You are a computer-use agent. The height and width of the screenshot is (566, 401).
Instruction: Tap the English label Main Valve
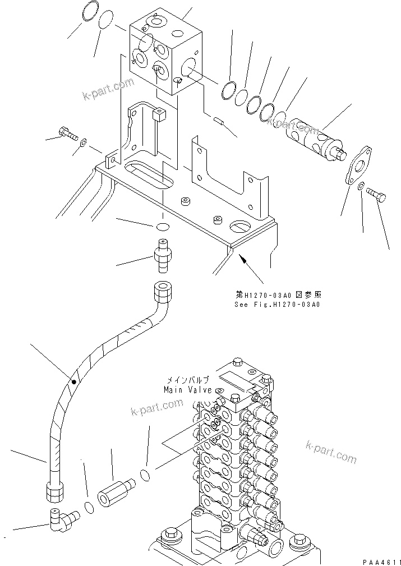(187, 390)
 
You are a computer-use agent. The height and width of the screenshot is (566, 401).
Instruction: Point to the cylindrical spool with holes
(312, 136)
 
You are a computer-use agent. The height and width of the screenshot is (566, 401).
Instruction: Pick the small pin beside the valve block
(220, 119)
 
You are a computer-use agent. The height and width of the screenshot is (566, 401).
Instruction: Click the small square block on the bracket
(160, 115)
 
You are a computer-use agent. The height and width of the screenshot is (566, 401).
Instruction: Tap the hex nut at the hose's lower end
(55, 492)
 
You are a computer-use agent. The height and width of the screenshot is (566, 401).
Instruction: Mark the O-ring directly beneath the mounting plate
(162, 227)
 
